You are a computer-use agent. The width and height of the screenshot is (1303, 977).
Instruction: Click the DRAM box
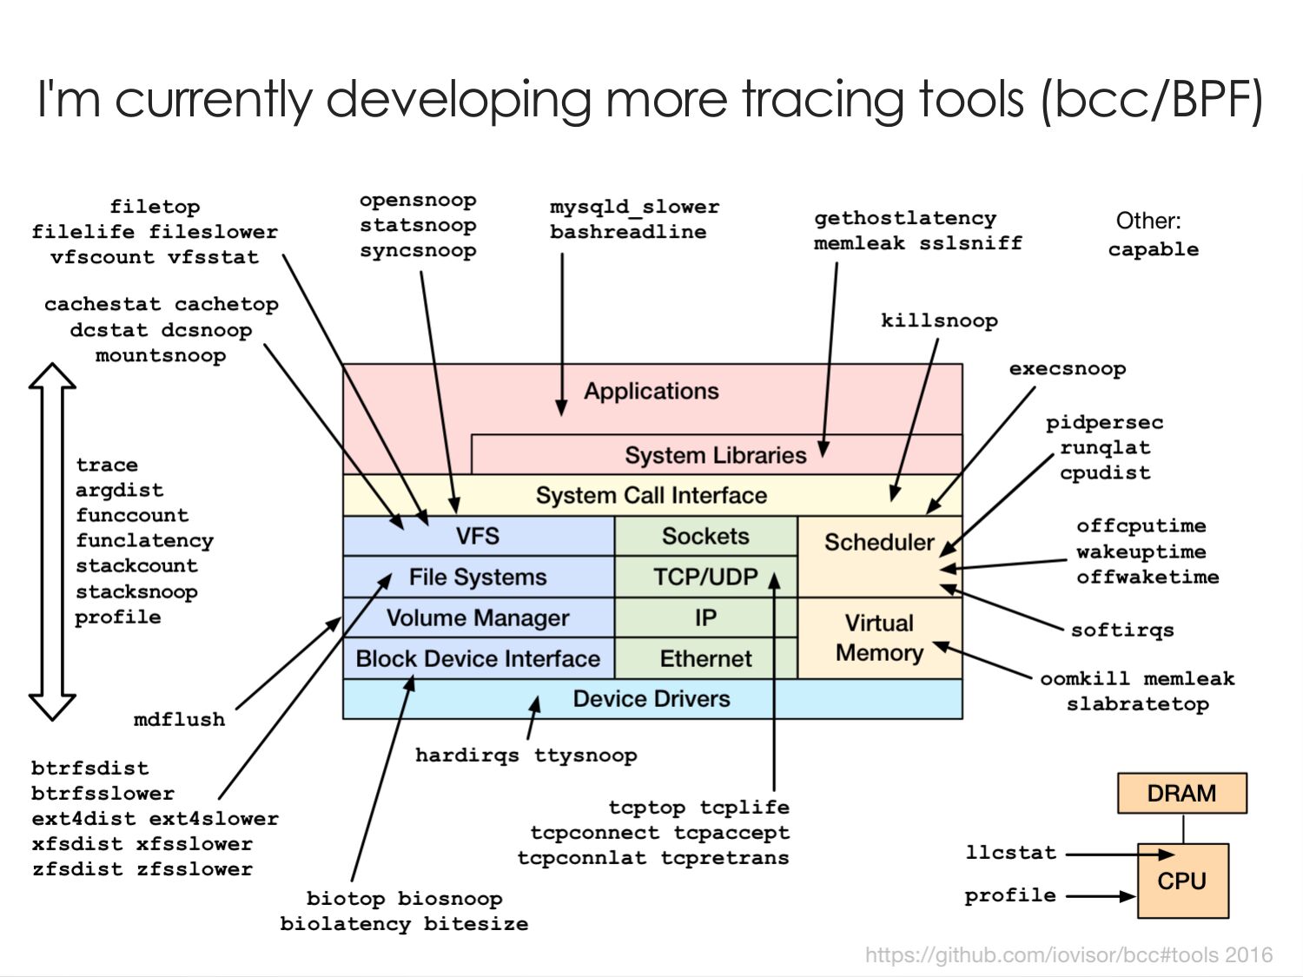(x=1181, y=793)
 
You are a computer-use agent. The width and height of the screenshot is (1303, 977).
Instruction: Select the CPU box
(x=1182, y=881)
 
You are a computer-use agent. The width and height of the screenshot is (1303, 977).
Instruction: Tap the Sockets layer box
(x=706, y=536)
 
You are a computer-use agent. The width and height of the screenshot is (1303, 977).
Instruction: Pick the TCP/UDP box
(x=706, y=577)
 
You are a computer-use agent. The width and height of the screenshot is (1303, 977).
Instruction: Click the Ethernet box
(x=706, y=658)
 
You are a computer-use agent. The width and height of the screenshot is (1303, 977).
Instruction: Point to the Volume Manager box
(x=479, y=617)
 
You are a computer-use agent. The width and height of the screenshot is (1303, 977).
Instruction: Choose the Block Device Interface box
(x=479, y=658)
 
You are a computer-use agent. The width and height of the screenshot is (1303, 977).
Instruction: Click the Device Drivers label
(x=651, y=699)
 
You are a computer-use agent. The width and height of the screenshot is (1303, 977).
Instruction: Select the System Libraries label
(x=715, y=456)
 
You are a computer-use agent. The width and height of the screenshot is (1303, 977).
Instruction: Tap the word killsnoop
(x=939, y=321)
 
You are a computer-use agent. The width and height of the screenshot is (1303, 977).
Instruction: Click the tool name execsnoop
(x=1068, y=369)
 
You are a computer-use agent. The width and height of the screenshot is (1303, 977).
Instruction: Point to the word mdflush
(x=179, y=720)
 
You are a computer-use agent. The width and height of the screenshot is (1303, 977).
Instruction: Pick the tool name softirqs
(x=1122, y=630)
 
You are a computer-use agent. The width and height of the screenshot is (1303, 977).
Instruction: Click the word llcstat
(x=1011, y=853)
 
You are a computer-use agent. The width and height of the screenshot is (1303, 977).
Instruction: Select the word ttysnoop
(x=585, y=756)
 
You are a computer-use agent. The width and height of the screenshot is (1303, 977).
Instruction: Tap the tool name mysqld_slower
(x=635, y=208)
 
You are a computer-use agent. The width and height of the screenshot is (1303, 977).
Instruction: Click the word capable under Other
(x=1154, y=250)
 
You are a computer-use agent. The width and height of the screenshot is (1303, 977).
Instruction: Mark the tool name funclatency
(x=144, y=541)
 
